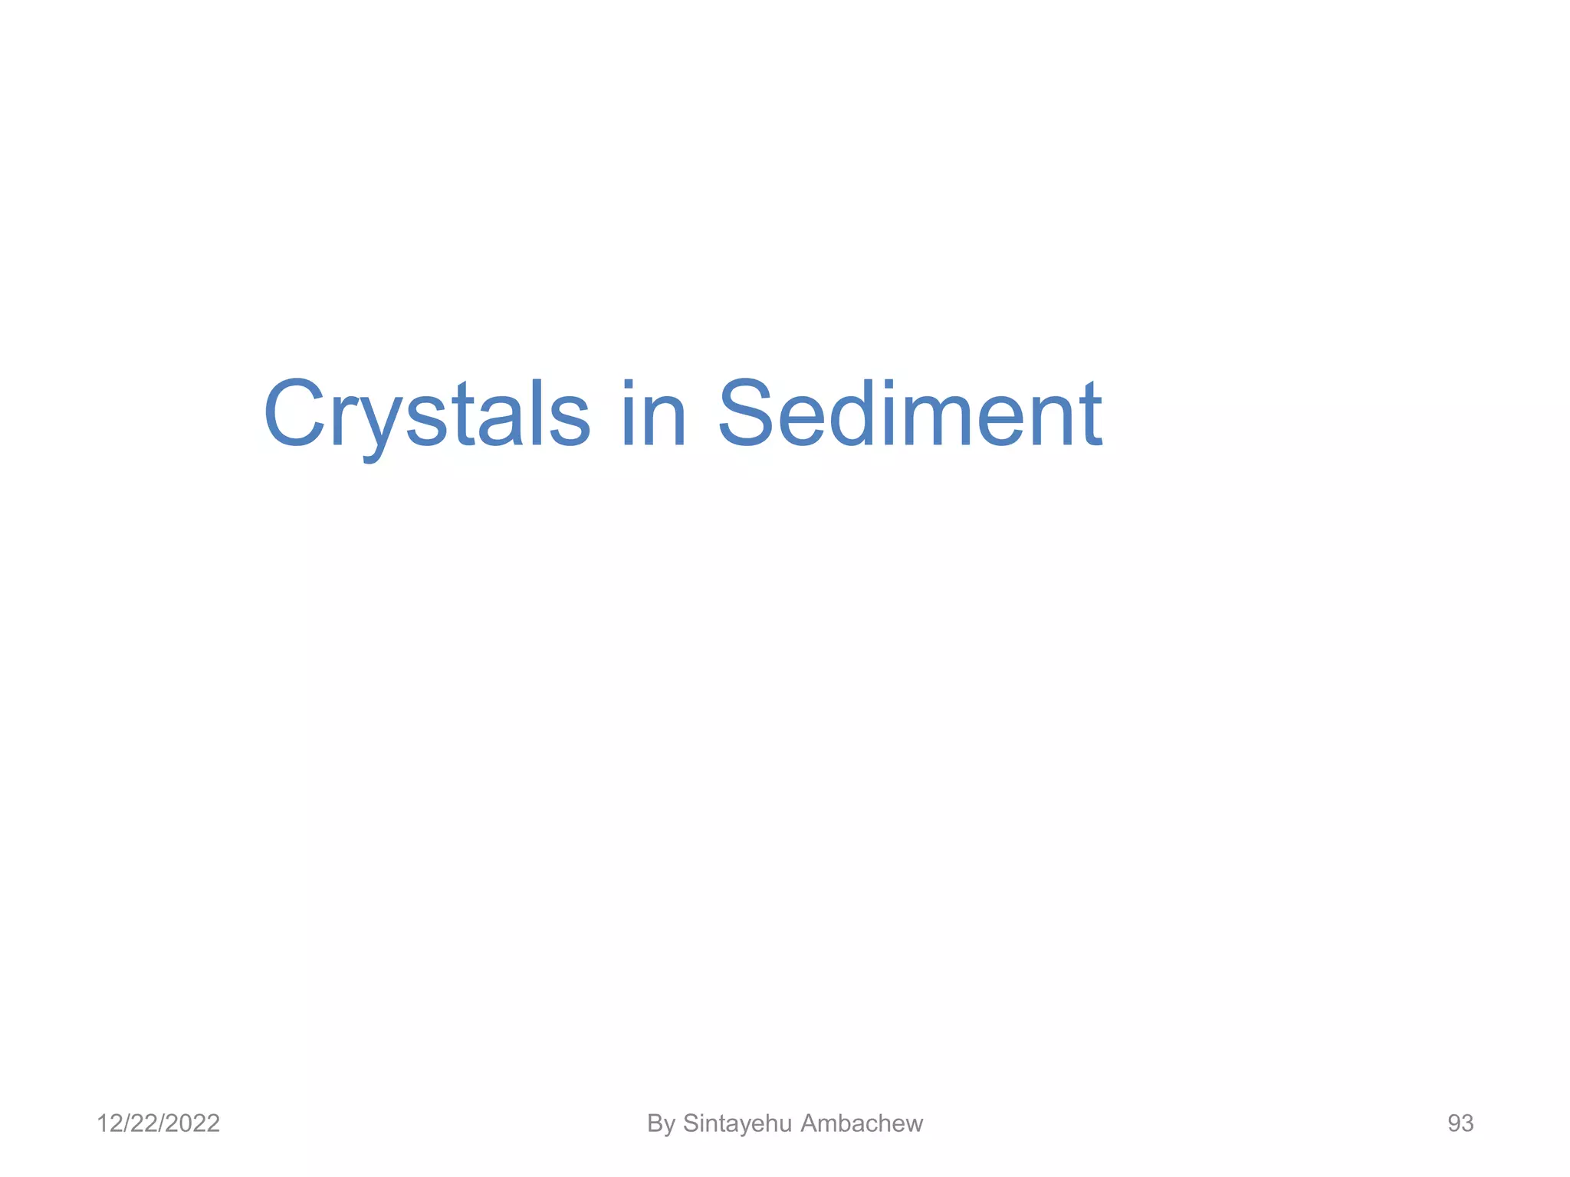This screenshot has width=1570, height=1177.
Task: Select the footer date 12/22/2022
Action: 158,1123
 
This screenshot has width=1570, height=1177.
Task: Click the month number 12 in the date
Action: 108,1123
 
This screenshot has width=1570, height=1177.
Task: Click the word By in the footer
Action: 661,1123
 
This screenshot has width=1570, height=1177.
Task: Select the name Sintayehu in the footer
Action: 737,1123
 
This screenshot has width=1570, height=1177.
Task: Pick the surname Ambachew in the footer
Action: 862,1123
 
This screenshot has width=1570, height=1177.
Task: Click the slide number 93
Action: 1460,1123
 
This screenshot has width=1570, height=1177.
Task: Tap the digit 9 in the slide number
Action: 1454,1123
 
